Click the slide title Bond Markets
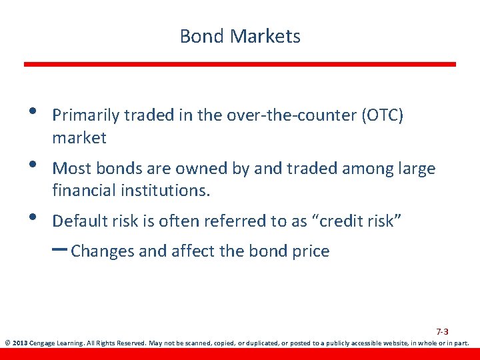coord(240,36)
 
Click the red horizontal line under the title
coord(240,64)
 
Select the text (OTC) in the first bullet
coord(382,115)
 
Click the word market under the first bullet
coord(79,138)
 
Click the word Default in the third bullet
coord(79,221)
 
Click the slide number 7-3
coord(442,331)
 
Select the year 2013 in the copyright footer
coord(19,344)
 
